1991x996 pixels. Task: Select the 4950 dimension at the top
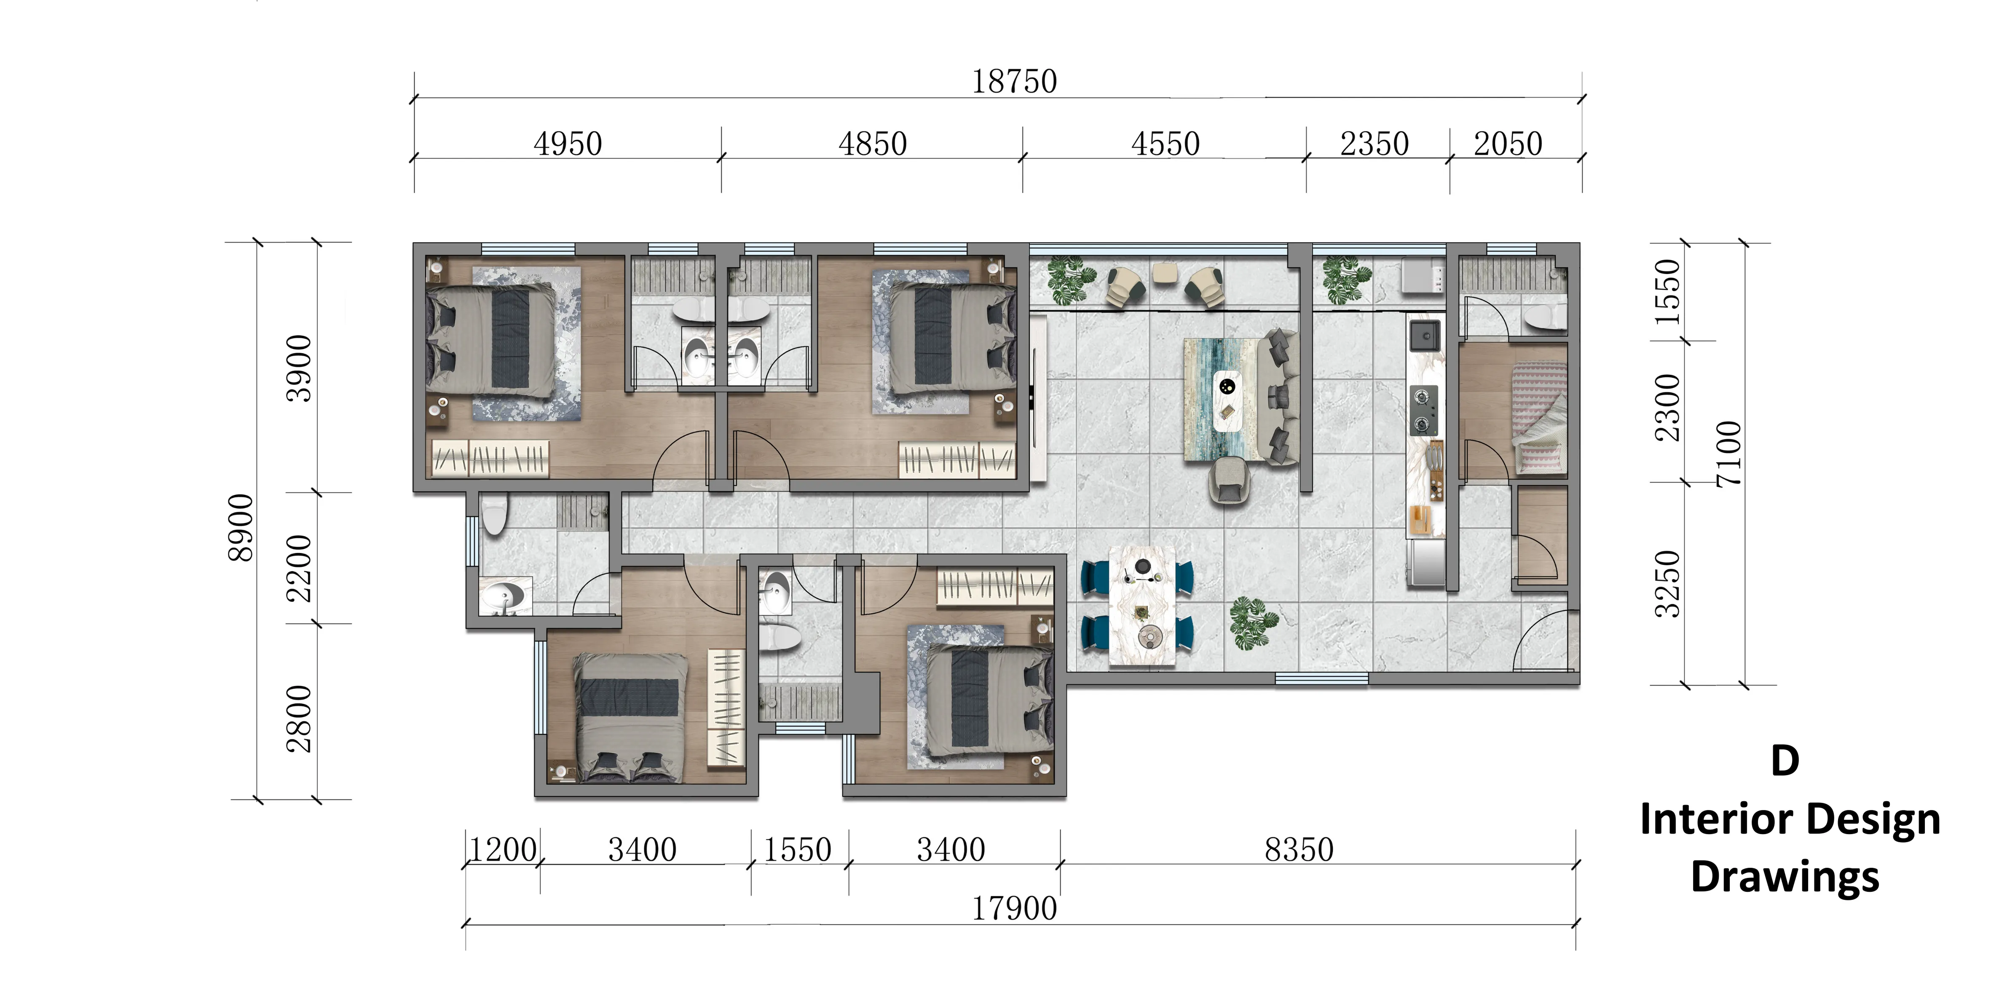coord(567,144)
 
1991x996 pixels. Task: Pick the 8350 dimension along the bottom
coord(1299,850)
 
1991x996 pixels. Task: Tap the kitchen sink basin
coord(1425,336)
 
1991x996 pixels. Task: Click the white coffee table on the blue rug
coord(1227,400)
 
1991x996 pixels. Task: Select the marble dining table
coord(1142,605)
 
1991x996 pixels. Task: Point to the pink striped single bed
coord(1538,418)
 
